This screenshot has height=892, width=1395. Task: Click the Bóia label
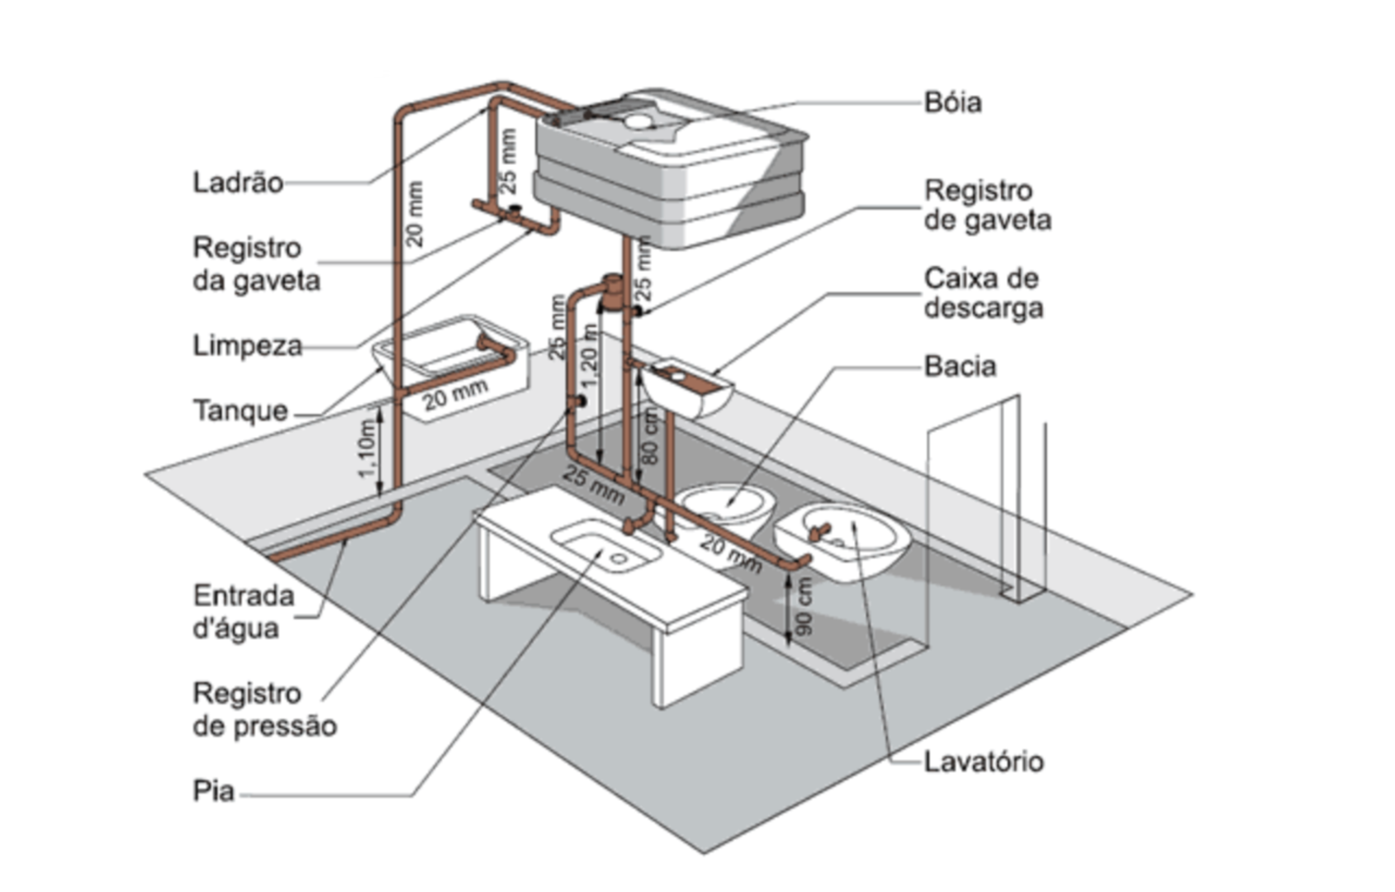pos(952,102)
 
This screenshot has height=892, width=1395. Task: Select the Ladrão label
pos(238,183)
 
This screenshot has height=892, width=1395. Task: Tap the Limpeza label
pos(247,345)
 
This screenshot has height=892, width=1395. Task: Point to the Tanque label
pos(240,410)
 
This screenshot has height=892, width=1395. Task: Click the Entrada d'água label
pos(243,612)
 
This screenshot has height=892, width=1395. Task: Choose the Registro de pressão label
pos(264,709)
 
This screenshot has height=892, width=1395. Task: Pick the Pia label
pos(213,791)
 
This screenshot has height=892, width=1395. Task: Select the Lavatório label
pos(983,762)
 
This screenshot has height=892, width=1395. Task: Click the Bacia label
pos(960,366)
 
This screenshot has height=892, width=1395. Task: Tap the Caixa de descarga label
pos(982,293)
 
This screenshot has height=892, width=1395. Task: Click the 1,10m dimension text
pos(367,447)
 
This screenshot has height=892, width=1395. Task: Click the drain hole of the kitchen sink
pos(618,559)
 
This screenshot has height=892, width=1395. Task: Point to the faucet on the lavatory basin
pos(820,531)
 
